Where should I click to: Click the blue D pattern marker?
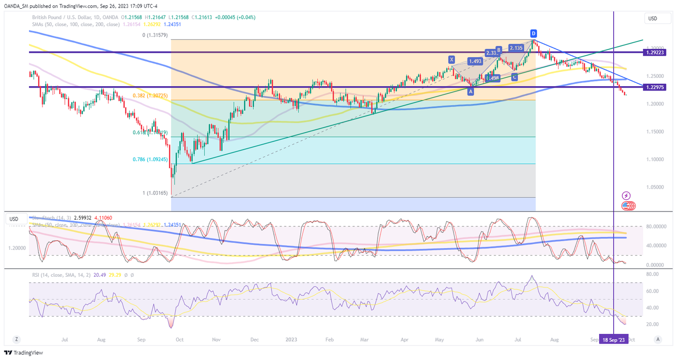533,33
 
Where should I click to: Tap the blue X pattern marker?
452,60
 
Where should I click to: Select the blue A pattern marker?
470,91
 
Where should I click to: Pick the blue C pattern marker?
515,77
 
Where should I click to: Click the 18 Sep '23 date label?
614,340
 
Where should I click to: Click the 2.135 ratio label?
516,48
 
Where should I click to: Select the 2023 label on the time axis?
291,340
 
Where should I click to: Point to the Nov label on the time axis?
216,340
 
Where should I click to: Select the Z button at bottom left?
16,339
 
